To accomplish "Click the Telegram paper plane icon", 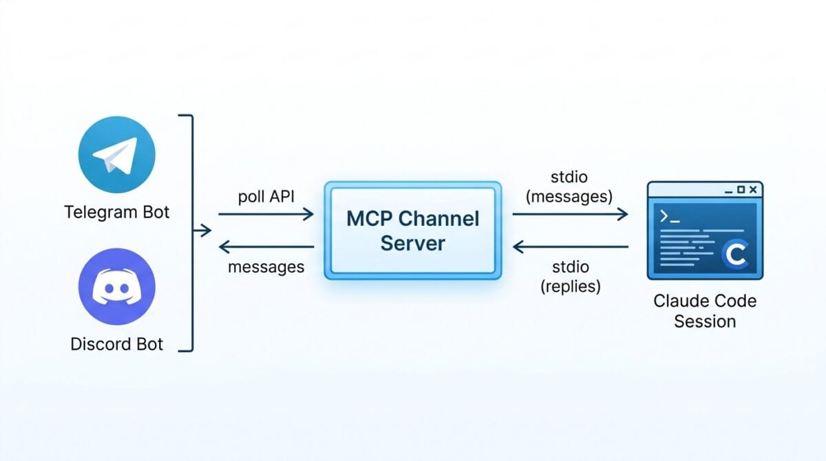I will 117,154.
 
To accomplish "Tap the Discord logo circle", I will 117,286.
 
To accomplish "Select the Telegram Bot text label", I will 117,212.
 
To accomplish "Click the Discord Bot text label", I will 117,344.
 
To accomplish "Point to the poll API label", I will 266,196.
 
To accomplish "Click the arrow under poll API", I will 266,215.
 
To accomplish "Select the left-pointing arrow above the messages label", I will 266,246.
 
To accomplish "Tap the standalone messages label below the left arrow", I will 266,267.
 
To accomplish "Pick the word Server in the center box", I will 413,243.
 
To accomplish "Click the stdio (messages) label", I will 569,188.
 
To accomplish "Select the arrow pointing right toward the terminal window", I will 570,215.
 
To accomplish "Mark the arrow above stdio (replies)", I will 570,246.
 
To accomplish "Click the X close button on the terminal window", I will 753,189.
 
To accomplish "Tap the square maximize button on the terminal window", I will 740,189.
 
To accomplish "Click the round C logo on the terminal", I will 735,255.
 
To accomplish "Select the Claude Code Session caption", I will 705,311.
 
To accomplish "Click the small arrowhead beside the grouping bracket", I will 204,231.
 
